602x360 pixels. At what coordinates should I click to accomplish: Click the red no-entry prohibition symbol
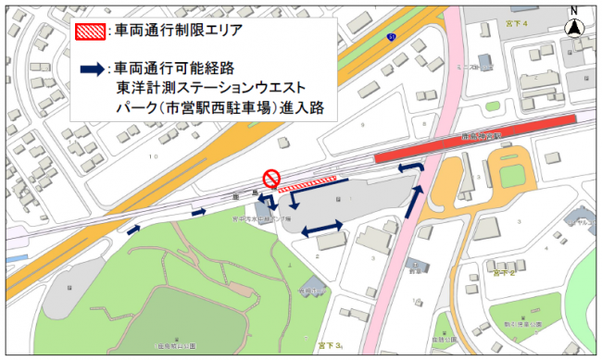click(271, 177)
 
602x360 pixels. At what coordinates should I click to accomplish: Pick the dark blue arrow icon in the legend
click(91, 68)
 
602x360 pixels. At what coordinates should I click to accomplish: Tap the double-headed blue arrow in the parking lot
click(323, 225)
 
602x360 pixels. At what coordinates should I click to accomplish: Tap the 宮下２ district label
click(504, 273)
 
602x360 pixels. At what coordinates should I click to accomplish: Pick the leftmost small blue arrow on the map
click(135, 229)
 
